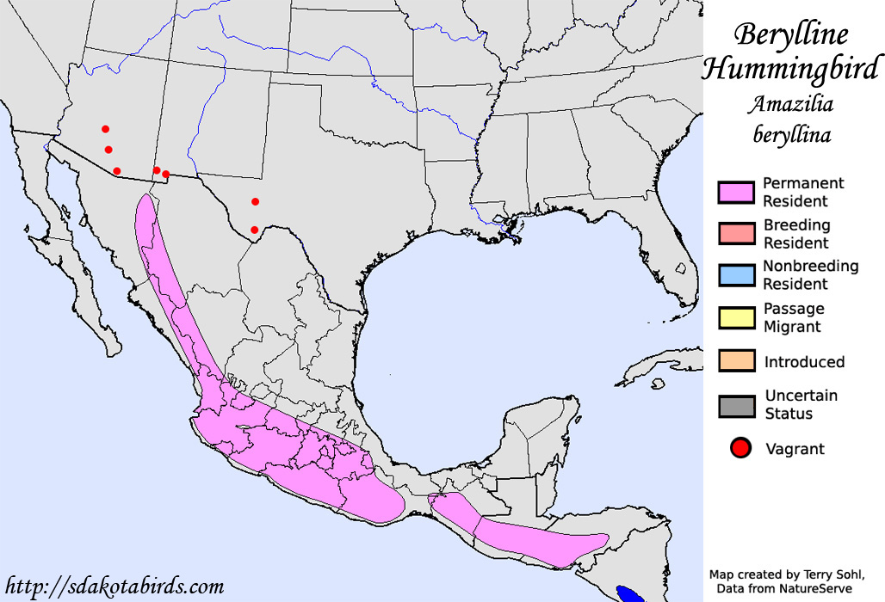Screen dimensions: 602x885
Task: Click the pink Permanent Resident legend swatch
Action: (735, 193)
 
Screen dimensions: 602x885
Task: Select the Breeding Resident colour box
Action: (735, 234)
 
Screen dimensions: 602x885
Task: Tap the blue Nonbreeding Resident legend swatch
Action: (735, 275)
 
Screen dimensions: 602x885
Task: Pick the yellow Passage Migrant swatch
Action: (735, 317)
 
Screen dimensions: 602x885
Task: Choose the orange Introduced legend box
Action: (735, 361)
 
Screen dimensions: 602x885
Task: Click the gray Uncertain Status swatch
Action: (735, 405)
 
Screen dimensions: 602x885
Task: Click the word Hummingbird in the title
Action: (792, 68)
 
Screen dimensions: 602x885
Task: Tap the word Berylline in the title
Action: (791, 34)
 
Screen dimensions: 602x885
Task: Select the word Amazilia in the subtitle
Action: (791, 105)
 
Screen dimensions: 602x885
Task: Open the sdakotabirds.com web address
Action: (114, 587)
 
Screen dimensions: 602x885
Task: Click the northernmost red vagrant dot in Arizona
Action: (105, 129)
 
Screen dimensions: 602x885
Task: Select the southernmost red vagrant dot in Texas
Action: (254, 230)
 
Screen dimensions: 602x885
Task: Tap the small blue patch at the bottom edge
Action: (630, 593)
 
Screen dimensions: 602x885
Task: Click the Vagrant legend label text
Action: (794, 449)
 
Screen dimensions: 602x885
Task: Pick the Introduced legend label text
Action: (804, 362)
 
